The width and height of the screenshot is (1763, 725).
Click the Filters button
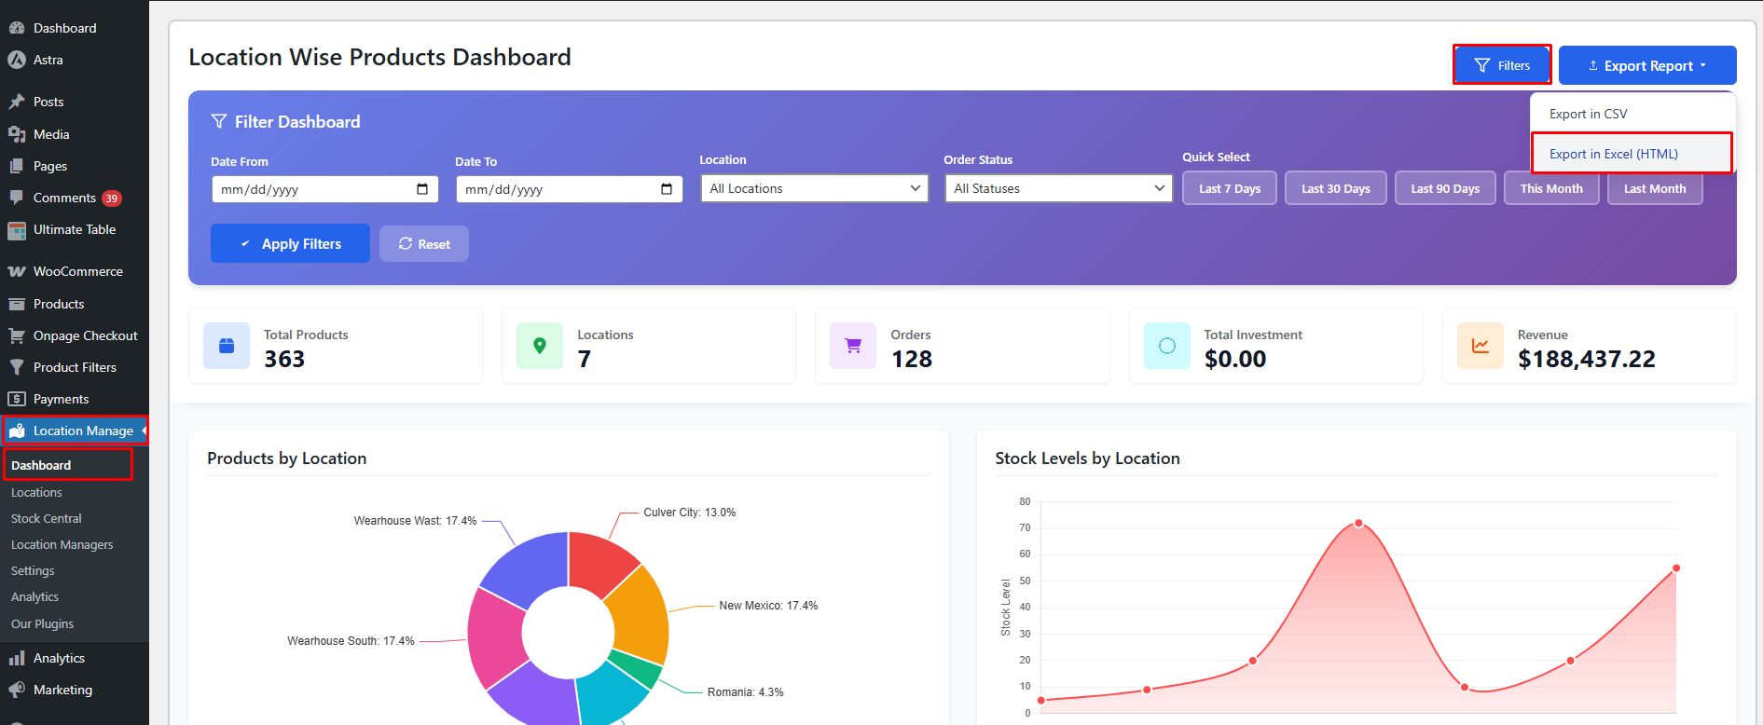(x=1502, y=65)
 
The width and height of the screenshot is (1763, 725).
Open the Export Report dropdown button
(x=1646, y=66)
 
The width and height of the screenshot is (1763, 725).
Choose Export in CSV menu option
(x=1588, y=114)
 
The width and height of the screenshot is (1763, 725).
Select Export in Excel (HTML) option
(x=1613, y=154)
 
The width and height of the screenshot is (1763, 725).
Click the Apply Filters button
(x=290, y=244)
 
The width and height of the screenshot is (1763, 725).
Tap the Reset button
(x=424, y=244)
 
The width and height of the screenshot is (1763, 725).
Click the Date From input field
(x=312, y=189)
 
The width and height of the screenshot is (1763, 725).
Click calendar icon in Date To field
(x=667, y=189)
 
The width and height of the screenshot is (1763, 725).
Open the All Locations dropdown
(x=814, y=188)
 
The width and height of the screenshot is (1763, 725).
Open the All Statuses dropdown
(x=1058, y=188)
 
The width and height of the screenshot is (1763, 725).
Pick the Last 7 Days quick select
(x=1229, y=188)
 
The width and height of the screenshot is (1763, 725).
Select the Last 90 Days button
(x=1444, y=188)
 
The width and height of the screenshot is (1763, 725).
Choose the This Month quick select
(x=1550, y=188)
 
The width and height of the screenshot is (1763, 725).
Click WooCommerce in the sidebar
(x=77, y=271)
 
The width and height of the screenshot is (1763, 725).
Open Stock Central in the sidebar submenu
(x=47, y=518)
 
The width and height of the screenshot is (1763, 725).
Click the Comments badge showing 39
(x=112, y=198)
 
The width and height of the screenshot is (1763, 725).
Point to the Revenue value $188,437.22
(x=1586, y=359)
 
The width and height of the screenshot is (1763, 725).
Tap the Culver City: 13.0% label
(x=689, y=513)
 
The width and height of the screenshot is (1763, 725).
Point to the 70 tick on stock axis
(x=1025, y=527)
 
